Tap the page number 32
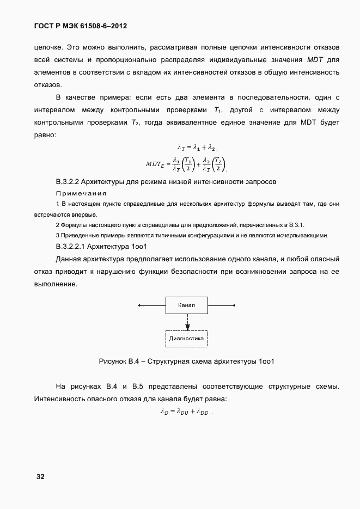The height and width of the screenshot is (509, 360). (x=40, y=476)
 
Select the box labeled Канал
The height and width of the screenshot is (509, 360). (x=186, y=305)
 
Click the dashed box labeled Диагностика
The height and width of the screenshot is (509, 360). (x=186, y=338)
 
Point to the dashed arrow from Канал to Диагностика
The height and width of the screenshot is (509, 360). (x=186, y=322)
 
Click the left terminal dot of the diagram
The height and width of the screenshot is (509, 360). (x=139, y=305)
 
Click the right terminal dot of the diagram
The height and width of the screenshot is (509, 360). (x=234, y=305)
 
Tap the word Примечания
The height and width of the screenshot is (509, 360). (x=81, y=193)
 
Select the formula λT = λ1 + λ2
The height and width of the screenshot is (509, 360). (x=197, y=146)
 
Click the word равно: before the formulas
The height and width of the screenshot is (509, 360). (x=45, y=134)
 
